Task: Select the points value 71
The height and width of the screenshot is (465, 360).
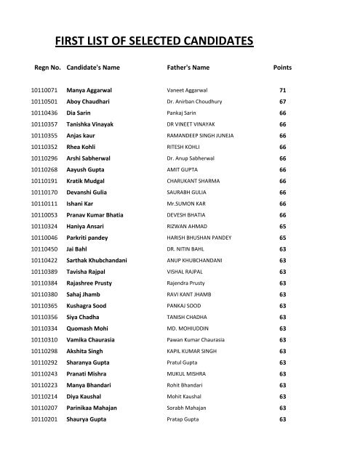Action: pos(282,91)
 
